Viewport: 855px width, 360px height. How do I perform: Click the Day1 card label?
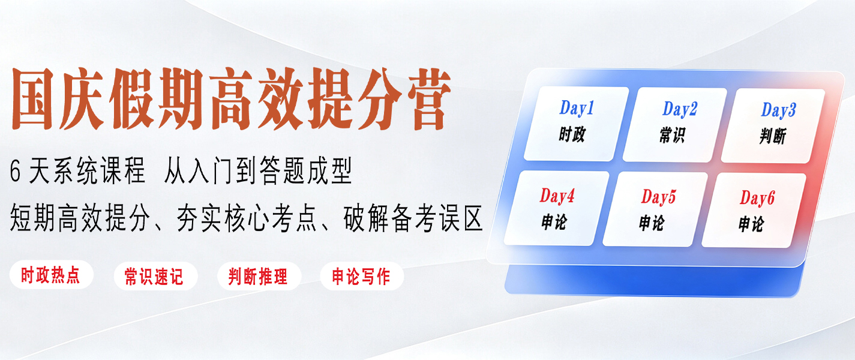577,108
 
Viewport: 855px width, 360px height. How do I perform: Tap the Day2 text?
680,109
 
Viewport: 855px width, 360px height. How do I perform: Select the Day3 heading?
779,110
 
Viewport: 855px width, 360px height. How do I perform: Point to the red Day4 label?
557,196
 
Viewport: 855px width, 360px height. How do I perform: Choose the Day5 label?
658,197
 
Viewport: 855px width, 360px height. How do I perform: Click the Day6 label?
757,198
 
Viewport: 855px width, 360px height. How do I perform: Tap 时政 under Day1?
572,134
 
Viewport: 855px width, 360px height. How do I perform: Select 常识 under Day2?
672,135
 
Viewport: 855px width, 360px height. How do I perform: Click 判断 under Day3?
773,136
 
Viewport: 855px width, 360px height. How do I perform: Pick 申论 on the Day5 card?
652,223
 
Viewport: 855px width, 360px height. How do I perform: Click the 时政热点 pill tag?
51,275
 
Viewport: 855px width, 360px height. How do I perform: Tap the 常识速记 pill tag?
155,276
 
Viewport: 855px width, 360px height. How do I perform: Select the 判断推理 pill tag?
259,276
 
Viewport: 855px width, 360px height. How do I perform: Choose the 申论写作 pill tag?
362,276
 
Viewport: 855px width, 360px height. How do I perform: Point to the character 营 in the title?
429,99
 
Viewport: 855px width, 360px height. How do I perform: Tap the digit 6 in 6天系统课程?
15,172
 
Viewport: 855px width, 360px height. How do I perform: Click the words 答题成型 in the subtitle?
305,170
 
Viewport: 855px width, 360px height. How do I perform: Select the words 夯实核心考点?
247,218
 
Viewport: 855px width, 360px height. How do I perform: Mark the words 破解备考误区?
413,218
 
